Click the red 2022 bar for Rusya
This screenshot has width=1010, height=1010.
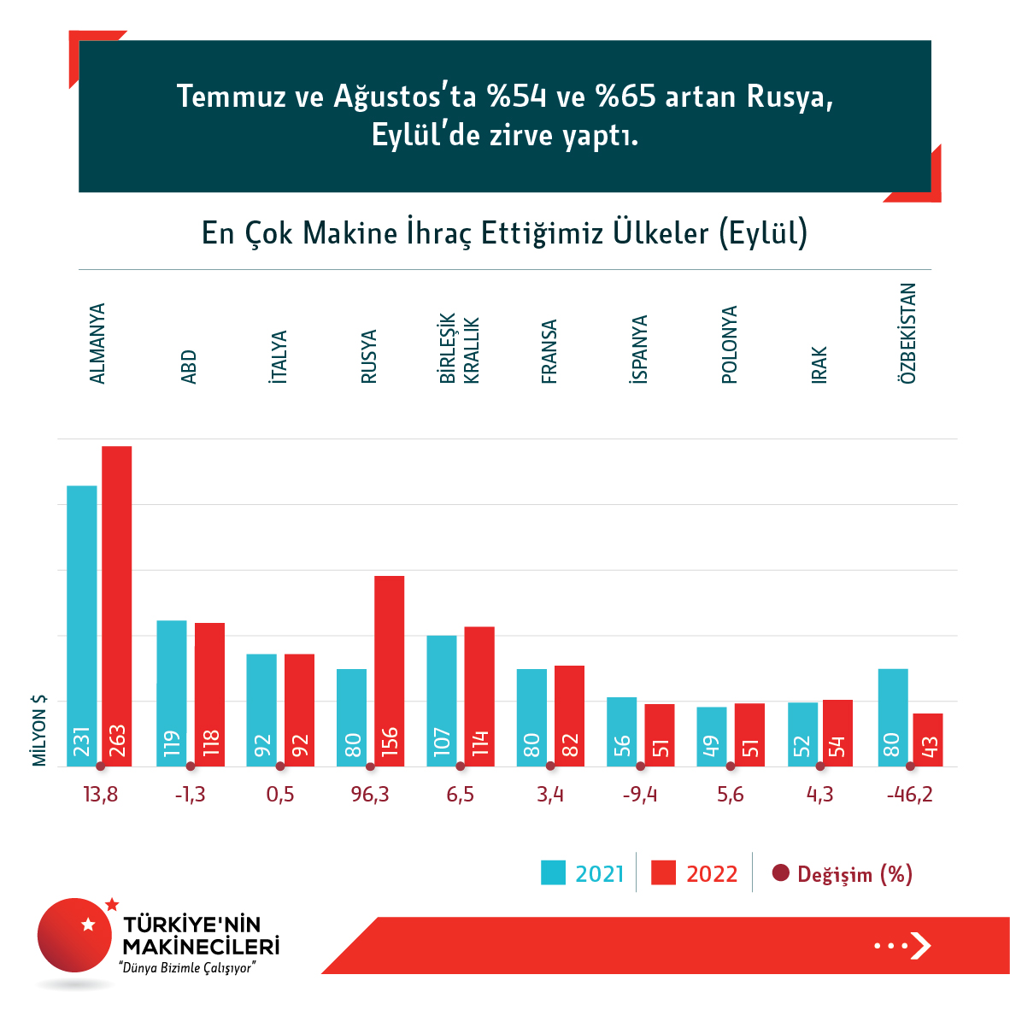(x=390, y=671)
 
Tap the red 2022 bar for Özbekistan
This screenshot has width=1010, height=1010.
(x=928, y=740)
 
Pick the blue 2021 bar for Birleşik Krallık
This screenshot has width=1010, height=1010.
(x=442, y=701)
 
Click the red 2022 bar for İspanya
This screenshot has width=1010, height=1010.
(x=660, y=735)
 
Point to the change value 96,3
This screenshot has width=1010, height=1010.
(x=370, y=795)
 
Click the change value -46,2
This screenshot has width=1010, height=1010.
(x=910, y=795)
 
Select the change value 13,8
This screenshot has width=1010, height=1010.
(x=101, y=795)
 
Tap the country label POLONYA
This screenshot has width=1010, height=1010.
(x=729, y=344)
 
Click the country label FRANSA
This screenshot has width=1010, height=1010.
(x=549, y=351)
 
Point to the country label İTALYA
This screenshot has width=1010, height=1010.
(x=279, y=356)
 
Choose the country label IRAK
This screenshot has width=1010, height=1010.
(x=819, y=365)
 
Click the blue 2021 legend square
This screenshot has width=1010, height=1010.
(x=553, y=873)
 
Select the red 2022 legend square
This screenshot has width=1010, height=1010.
(x=663, y=873)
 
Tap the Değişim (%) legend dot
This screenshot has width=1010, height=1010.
(x=780, y=873)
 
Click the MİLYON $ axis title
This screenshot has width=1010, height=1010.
(x=39, y=731)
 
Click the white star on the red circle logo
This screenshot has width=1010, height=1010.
(x=87, y=924)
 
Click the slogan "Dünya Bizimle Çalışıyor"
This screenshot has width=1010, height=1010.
(x=188, y=968)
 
